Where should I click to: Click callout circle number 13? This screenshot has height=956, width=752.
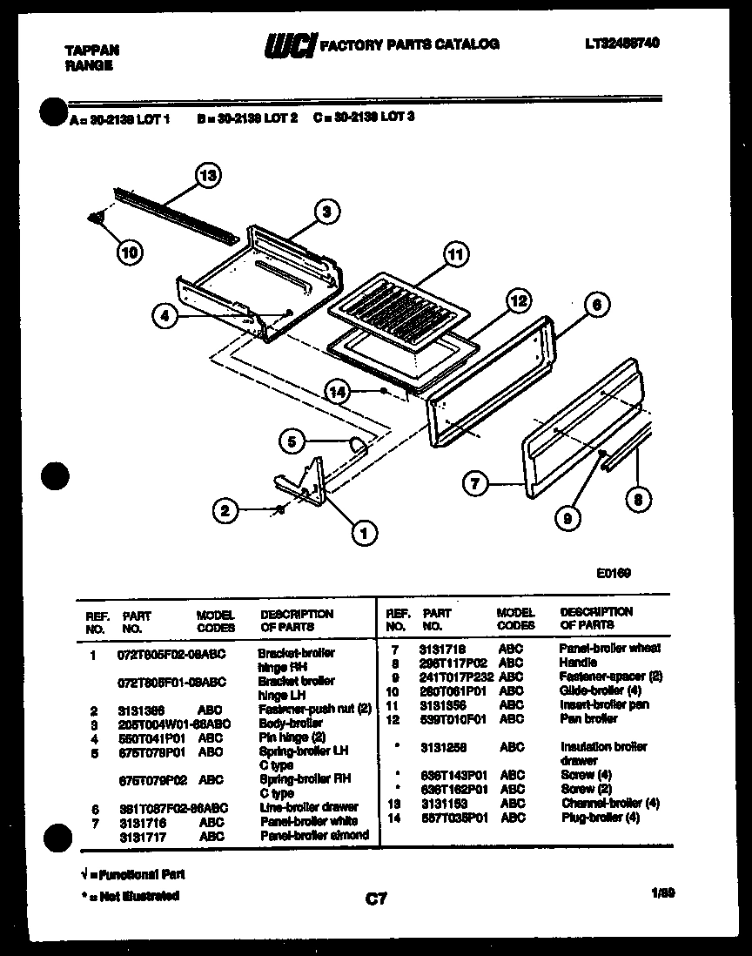click(207, 176)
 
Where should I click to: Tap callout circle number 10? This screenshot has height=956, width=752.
click(130, 253)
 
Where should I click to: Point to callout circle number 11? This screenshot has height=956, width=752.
click(453, 255)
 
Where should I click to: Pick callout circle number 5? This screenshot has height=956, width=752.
click(293, 442)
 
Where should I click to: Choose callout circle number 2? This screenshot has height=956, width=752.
click(225, 511)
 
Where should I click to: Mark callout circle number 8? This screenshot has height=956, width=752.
click(638, 499)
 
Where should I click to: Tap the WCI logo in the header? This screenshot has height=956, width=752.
click(290, 44)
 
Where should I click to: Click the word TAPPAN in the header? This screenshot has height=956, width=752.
click(93, 50)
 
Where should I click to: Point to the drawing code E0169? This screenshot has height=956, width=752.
click(614, 573)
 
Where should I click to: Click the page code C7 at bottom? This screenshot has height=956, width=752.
click(376, 899)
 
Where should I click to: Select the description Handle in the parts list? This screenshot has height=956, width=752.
click(578, 663)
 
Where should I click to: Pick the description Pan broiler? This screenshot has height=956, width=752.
click(589, 718)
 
